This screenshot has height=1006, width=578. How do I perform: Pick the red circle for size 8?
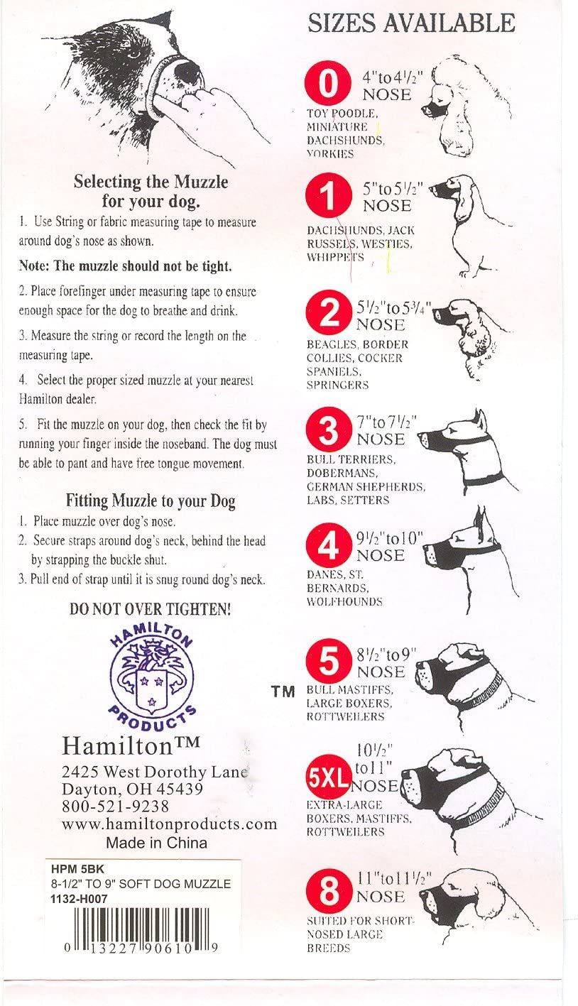[329, 892]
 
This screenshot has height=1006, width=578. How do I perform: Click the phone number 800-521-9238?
[115, 806]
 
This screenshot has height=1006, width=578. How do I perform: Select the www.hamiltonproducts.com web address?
[169, 824]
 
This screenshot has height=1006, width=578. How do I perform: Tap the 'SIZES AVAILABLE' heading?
[411, 23]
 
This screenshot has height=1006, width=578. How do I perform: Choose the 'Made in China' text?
[156, 843]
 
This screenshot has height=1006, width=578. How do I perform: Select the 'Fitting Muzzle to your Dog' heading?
[151, 501]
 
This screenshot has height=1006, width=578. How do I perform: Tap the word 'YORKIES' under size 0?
[330, 154]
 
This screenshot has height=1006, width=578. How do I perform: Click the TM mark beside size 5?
[283, 691]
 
